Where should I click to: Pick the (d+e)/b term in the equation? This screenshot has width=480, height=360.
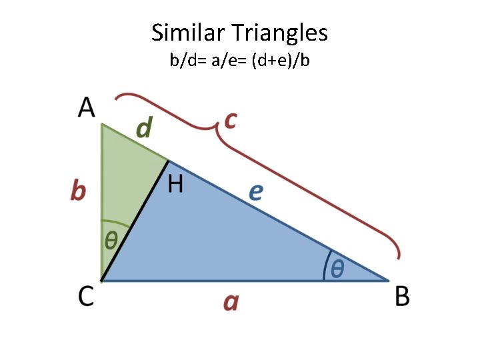(280, 61)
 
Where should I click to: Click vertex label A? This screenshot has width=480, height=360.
(87, 107)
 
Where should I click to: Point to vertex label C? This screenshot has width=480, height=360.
(87, 297)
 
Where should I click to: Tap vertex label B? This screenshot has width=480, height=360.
(402, 297)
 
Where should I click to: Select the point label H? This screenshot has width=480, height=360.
(175, 183)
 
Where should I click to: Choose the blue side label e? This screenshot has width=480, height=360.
(255, 192)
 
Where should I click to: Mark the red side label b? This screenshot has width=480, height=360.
(78, 192)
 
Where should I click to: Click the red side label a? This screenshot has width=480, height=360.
(231, 303)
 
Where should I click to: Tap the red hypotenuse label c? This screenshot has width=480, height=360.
(231, 120)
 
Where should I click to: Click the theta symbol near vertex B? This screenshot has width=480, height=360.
(338, 269)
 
